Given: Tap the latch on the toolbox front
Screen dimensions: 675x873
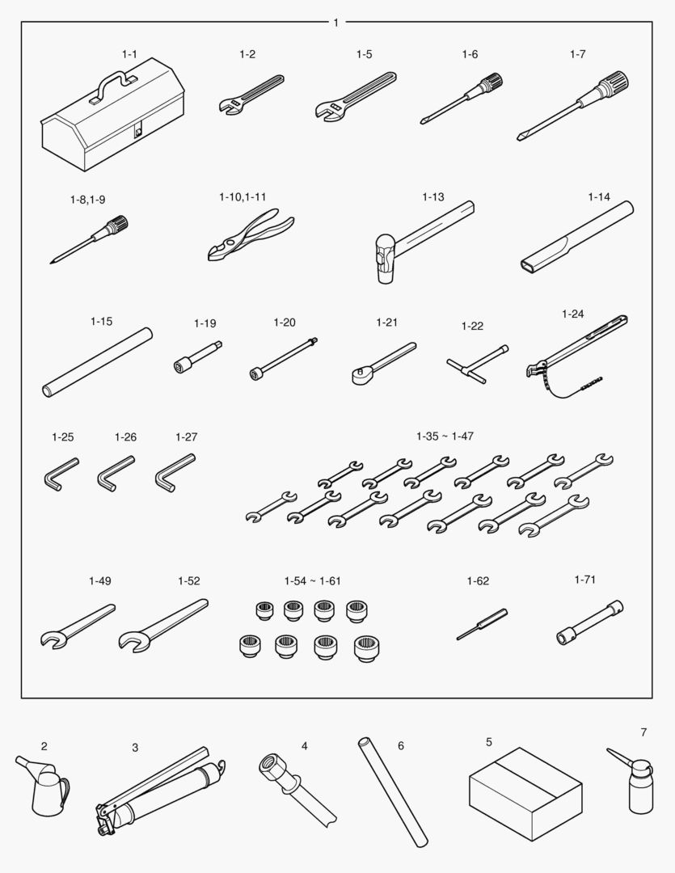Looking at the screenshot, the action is coord(137,132).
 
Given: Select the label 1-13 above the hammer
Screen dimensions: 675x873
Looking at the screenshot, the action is coord(433,197).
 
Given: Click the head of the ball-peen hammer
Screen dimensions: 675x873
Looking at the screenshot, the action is coord(384,259).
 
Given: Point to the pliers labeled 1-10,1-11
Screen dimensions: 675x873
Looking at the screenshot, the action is coord(251,235).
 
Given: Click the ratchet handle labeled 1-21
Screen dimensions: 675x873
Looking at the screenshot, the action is coord(384,363).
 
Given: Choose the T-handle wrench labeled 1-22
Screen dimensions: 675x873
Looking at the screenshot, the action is coord(477,364).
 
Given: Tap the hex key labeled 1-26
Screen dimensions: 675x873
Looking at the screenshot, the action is coord(116,474).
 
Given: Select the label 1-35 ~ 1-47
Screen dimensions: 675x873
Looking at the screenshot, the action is coord(445,436).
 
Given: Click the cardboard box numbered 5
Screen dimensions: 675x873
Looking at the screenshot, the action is coord(525,794).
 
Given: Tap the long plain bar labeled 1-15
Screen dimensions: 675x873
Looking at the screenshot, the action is coord(98,362).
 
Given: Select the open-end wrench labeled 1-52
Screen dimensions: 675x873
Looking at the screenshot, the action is coord(163,625).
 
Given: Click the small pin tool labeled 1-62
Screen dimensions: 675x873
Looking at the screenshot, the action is coord(482,625).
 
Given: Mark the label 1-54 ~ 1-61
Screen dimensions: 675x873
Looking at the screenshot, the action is coord(312,581).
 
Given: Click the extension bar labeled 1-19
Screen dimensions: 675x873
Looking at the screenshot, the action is coord(198,357).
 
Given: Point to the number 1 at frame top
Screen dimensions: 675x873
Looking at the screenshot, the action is coord(335,23).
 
